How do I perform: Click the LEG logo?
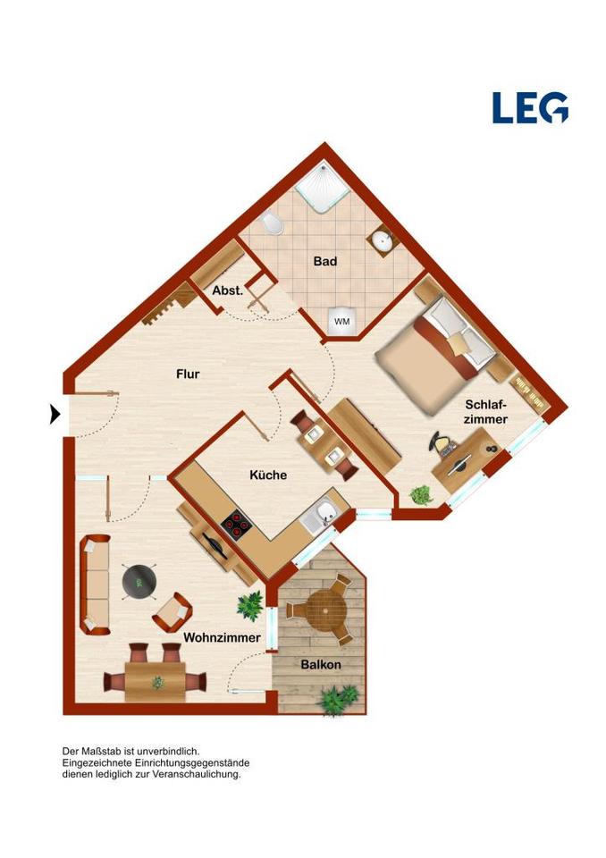[x=530, y=107]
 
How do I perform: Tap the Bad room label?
[x=325, y=262]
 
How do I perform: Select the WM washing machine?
[x=341, y=321]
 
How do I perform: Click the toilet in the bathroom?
[x=272, y=223]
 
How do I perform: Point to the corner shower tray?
[x=323, y=189]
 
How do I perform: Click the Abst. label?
[x=228, y=290]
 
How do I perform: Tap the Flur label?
[x=188, y=374]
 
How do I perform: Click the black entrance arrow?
[x=55, y=414]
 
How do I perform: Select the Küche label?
[x=268, y=475]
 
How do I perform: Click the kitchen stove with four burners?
[x=237, y=526]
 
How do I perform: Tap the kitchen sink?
[x=322, y=516]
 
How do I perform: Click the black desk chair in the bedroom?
[x=442, y=443]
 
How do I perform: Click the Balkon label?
[x=321, y=665]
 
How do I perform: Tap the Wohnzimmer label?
[x=222, y=637]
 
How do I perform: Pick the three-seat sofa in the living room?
[x=96, y=585]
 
